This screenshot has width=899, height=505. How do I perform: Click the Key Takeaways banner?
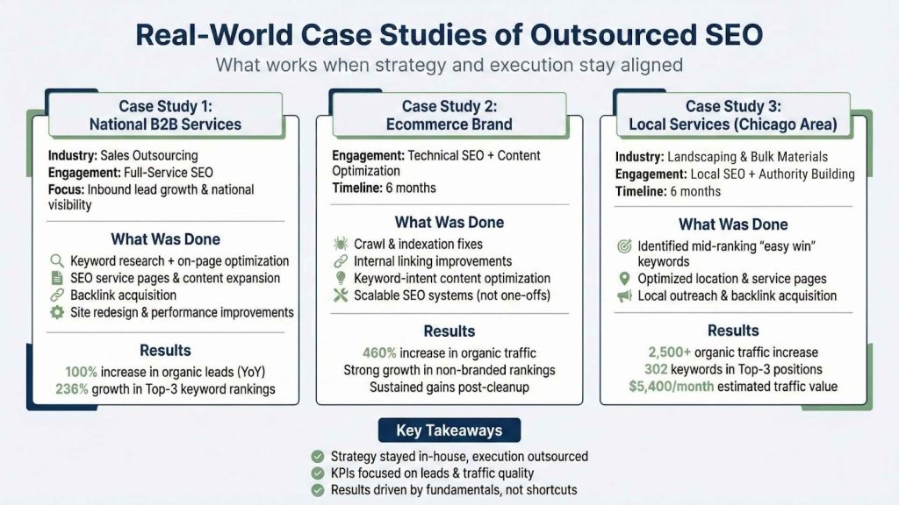coord(449,430)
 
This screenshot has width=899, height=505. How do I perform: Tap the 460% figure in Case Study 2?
coord(379,352)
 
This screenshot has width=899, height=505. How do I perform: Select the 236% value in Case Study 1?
coord(71,389)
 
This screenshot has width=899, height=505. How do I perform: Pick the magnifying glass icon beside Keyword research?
coord(57,260)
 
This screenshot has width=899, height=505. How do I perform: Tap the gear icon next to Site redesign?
coord(57,312)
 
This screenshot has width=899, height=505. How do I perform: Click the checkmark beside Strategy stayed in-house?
coord(317,456)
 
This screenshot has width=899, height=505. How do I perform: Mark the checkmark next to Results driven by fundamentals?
coord(317,490)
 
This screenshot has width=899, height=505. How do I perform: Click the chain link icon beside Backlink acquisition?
coord(57,295)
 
